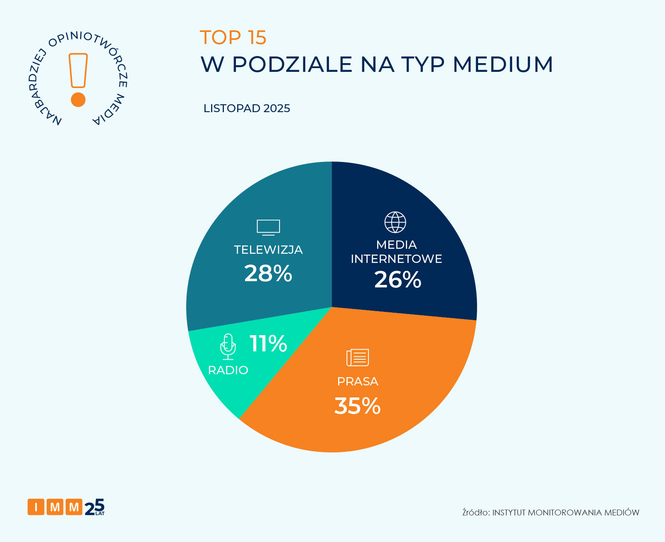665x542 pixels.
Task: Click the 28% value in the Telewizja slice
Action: pos(268,274)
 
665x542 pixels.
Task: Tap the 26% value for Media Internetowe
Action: pos(398,280)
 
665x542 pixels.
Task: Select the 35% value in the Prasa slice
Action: pos(357,406)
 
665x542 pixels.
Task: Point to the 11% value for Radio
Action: pos(268,344)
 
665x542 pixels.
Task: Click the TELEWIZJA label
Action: pos(268,250)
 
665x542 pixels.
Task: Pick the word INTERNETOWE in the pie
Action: pos(396,259)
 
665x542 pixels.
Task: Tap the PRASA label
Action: pos(358,381)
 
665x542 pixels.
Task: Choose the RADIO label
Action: pos(228,370)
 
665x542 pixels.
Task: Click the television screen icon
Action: pos(268,227)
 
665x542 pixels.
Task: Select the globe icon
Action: pos(395,222)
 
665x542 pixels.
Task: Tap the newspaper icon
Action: pos(358,357)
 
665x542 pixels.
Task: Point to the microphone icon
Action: pos(228,346)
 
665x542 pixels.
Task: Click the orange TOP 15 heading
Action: pos(233,37)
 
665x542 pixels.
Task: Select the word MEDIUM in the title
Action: pos(503,64)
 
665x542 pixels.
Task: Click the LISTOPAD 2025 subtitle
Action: pos(247,108)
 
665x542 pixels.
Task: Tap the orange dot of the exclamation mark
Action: pos(78,100)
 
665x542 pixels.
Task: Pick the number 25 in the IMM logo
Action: pos(94,507)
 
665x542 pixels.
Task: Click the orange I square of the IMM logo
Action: pos(36,507)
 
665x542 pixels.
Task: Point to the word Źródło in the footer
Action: pos(476,512)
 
